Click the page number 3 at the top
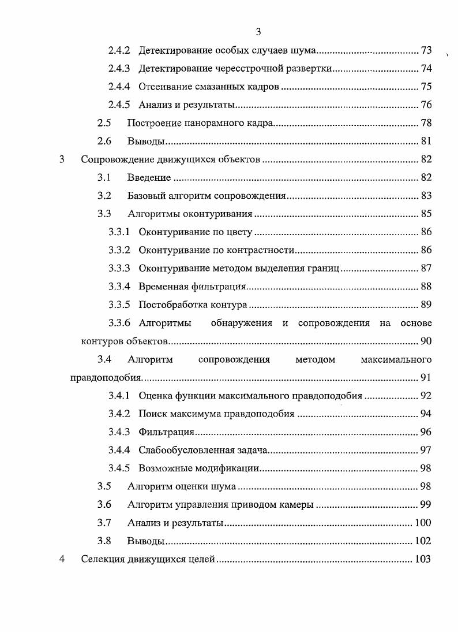(x=258, y=32)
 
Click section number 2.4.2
(x=119, y=51)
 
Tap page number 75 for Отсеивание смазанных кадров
(x=426, y=87)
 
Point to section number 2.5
(x=104, y=123)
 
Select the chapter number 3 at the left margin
(x=62, y=159)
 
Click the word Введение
(x=149, y=177)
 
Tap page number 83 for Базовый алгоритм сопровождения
(x=426, y=196)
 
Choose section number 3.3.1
(x=119, y=232)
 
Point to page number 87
(x=426, y=269)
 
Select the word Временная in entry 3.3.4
(x=162, y=287)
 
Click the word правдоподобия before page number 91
(x=105, y=378)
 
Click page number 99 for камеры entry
(x=426, y=504)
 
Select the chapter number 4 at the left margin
(x=62, y=559)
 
